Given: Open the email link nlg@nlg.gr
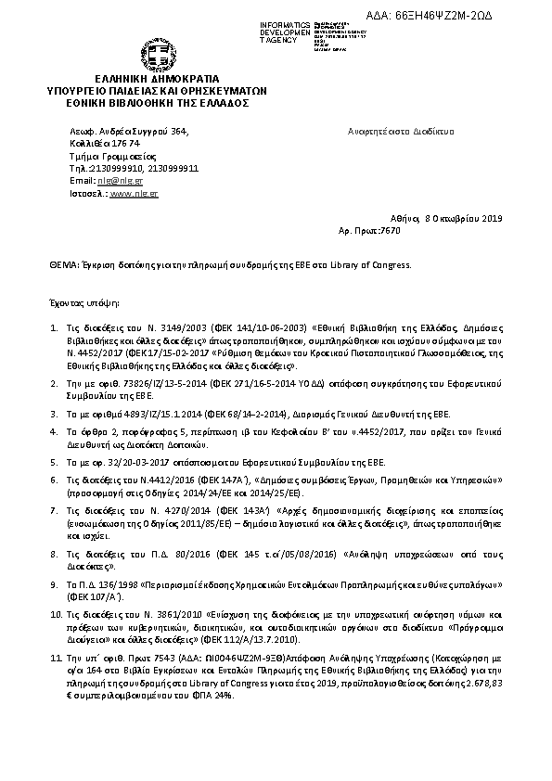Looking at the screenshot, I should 115,181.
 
